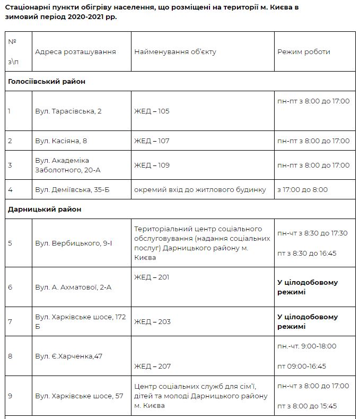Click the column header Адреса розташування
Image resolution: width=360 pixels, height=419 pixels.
pos(75,52)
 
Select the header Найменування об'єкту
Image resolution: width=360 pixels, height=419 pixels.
pos(175,52)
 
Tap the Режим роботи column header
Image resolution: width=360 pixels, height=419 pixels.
pos(303,52)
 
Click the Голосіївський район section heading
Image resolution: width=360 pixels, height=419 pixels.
pos(47,82)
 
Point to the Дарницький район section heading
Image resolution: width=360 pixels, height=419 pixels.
pos(45,210)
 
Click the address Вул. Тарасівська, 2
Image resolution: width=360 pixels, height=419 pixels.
pos(68,111)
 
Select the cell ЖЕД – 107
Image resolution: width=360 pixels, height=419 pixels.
pos(152,141)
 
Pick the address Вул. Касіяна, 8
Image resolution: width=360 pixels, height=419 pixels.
pos(61,141)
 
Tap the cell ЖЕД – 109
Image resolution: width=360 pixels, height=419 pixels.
pos(152,165)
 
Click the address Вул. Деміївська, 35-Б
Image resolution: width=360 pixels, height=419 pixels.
pos(72,190)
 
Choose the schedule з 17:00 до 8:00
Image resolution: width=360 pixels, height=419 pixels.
pos(302,190)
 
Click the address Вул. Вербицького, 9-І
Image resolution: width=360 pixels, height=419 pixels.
pos(73,243)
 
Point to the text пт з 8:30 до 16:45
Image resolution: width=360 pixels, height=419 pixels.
pos(306,254)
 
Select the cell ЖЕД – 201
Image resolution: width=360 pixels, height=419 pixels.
pos(152,277)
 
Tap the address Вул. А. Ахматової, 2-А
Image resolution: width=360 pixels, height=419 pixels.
pos(73,287)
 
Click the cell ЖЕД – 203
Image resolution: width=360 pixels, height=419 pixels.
pos(152,322)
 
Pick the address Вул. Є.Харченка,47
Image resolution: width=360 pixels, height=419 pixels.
pos(68,356)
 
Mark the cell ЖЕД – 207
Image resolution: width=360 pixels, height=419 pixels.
pos(152,366)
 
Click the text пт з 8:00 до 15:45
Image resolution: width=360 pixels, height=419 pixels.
pos(306,406)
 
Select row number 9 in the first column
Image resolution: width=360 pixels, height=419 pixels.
pos(10,396)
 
